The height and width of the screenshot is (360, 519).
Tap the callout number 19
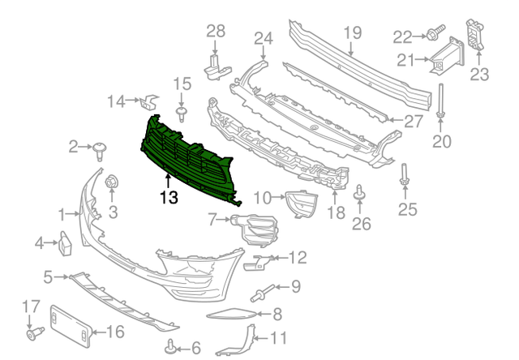350,33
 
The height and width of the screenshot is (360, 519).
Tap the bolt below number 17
35,332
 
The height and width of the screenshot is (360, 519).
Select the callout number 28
215,32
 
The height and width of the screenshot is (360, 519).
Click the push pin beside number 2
101,147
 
